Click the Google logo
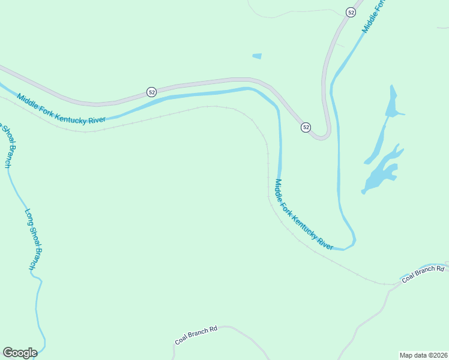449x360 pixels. (20, 353)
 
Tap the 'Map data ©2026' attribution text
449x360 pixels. (423, 355)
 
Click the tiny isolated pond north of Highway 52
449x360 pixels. (257, 56)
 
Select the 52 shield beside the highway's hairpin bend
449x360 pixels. (306, 127)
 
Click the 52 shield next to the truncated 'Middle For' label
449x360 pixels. (351, 12)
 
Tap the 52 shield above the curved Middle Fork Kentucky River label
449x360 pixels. (151, 92)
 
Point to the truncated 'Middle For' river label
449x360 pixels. (373, 16)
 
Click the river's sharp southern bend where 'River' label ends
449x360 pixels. (352, 244)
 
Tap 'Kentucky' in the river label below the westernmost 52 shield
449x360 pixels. (70, 112)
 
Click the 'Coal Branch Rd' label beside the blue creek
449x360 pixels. (423, 275)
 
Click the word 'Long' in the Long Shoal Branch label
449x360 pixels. (28, 216)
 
